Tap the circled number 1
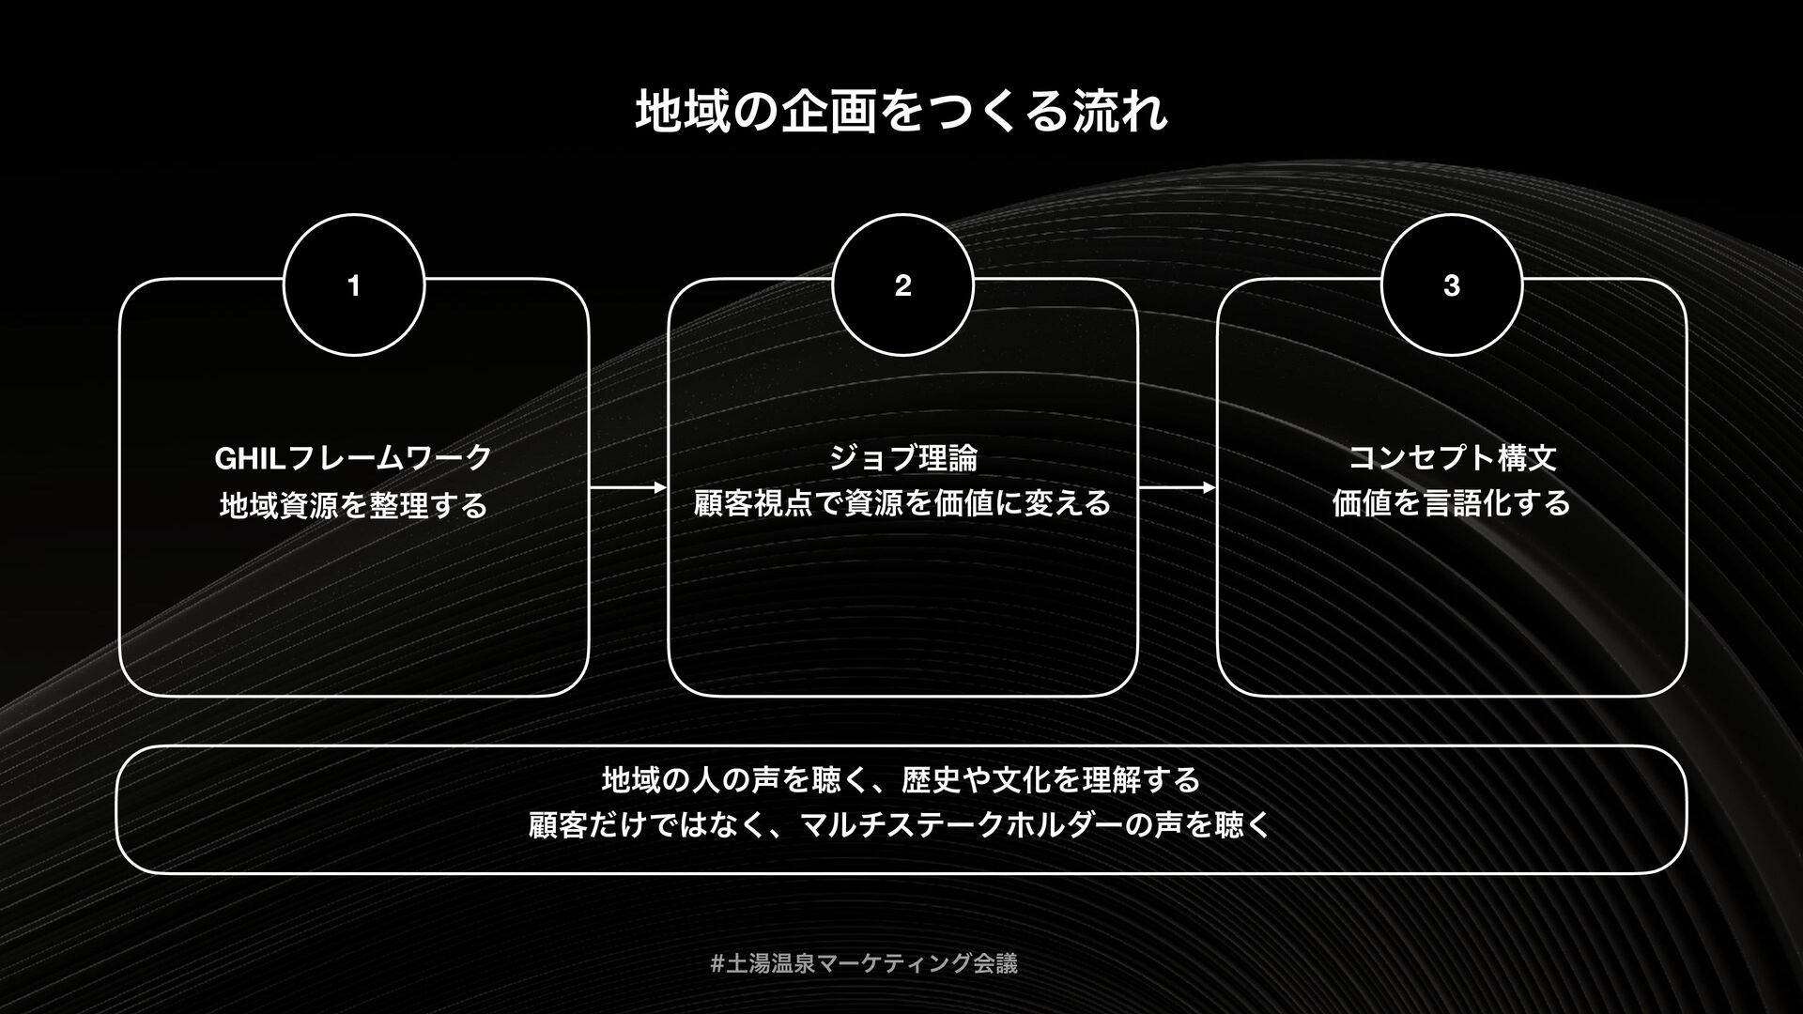[x=354, y=286]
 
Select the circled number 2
[x=902, y=286]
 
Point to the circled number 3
[x=1451, y=286]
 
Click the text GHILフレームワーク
[x=353, y=458]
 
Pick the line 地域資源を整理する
[x=353, y=505]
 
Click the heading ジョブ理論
[x=902, y=458]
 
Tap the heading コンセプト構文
[x=1452, y=458]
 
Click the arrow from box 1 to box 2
[x=628, y=488]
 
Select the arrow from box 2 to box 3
[x=1177, y=488]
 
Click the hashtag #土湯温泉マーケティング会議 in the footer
[x=864, y=963]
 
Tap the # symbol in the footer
[x=717, y=963]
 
